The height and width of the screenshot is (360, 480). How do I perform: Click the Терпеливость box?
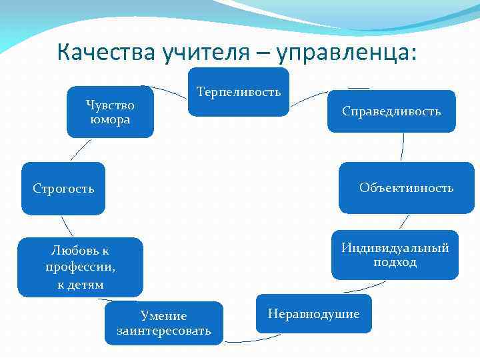click(239, 92)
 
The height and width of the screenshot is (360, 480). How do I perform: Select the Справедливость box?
click(391, 111)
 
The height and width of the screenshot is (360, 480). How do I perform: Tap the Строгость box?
click(63, 189)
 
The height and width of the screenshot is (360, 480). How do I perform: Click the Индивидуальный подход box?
click(395, 255)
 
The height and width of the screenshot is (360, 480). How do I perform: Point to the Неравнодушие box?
click(313, 313)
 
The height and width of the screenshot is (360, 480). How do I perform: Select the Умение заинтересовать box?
click(164, 323)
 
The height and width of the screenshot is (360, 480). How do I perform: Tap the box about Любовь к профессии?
click(80, 267)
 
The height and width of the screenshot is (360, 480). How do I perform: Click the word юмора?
click(110, 120)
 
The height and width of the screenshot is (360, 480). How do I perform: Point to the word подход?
click(395, 262)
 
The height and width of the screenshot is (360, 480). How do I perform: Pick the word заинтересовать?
click(164, 331)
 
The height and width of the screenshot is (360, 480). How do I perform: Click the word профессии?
click(80, 267)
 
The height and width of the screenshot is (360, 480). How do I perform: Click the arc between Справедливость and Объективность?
click(403, 147)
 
